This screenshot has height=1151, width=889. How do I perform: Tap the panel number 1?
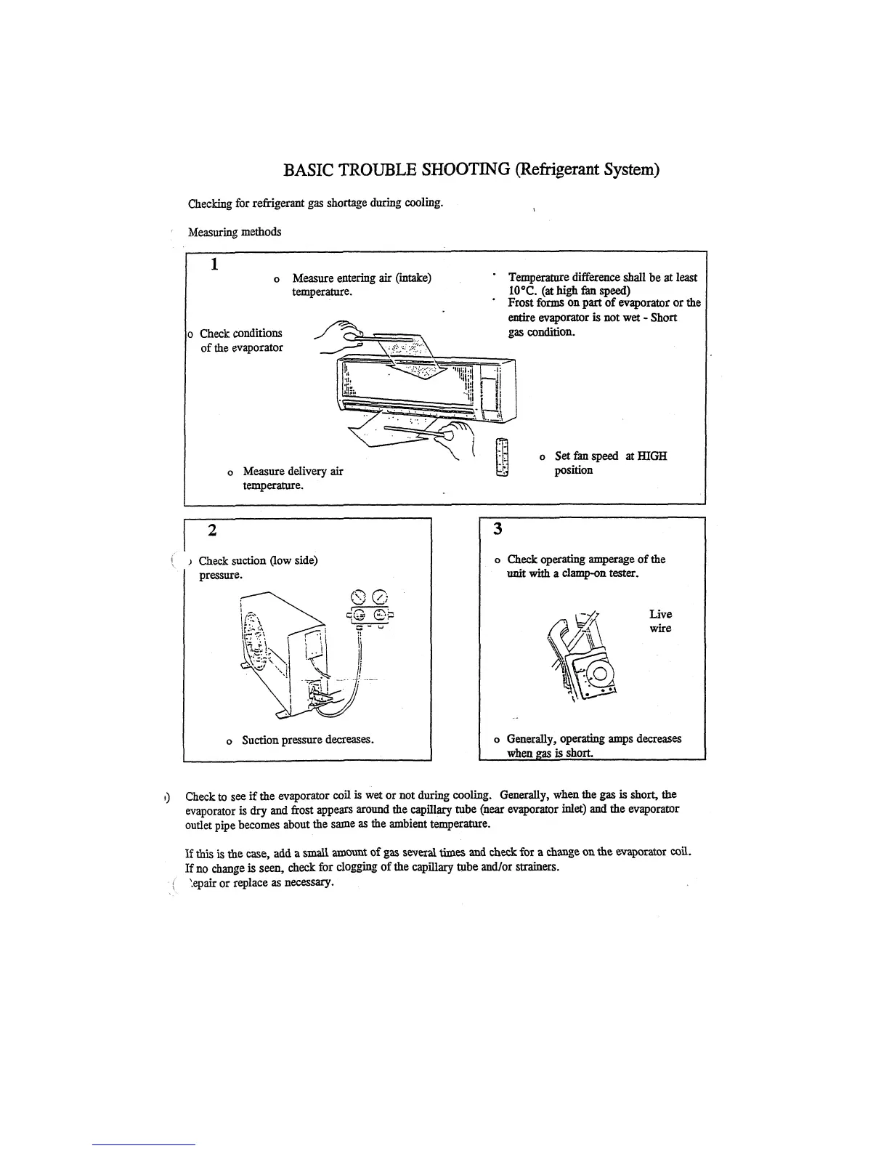[x=215, y=264]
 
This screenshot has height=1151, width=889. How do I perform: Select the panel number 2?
[x=211, y=530]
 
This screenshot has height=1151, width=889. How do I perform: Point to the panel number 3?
[x=498, y=529]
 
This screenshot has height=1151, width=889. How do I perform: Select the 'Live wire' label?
[x=660, y=621]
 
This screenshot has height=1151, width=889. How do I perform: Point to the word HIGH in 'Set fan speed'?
[x=653, y=456]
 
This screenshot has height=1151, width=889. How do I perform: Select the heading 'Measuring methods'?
[x=235, y=233]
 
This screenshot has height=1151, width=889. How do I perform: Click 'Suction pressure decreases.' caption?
[x=308, y=740]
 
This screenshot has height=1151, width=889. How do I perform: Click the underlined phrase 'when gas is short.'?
[x=550, y=754]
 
